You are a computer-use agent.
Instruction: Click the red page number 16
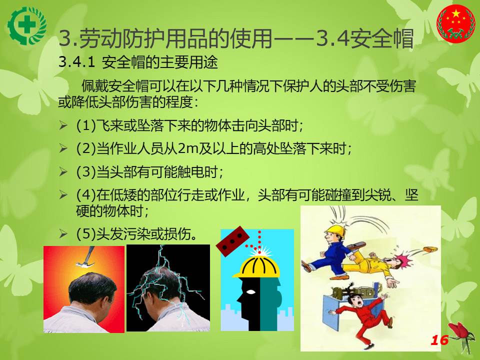439,340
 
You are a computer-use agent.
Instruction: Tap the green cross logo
27,25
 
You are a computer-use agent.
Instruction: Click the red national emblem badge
455,23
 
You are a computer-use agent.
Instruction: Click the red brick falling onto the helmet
232,241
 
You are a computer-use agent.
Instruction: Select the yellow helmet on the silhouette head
256,267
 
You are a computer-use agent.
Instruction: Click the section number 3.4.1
77,62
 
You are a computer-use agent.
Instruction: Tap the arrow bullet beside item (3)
63,171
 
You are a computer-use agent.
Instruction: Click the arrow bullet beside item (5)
63,234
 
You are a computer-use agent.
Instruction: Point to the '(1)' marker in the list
86,126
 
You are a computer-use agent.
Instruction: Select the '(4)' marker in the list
86,195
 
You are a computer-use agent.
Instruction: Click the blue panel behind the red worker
333,309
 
